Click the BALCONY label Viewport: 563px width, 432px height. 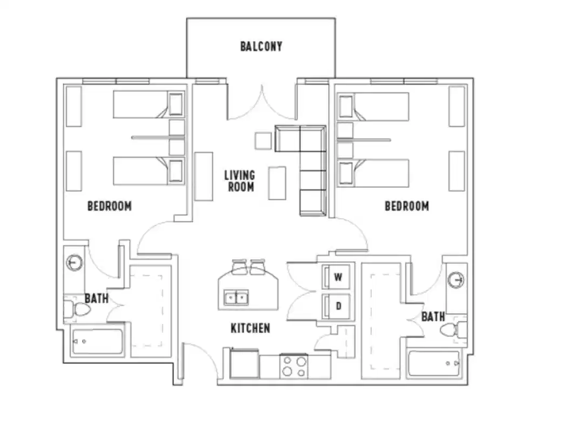pyautogui.click(x=261, y=46)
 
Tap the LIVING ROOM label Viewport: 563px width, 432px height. pyautogui.click(x=240, y=181)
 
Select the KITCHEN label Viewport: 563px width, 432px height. pyautogui.click(x=250, y=328)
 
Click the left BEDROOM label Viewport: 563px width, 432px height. pyautogui.click(x=109, y=206)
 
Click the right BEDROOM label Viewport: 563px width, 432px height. pyautogui.click(x=406, y=206)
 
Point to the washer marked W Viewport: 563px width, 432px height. pyautogui.click(x=337, y=278)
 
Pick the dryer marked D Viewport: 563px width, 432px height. pyautogui.click(x=337, y=306)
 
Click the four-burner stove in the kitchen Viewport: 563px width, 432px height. pyautogui.click(x=294, y=366)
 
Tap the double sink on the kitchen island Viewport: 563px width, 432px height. pyautogui.click(x=236, y=297)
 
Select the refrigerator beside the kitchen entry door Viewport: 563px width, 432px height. pyautogui.click(x=244, y=364)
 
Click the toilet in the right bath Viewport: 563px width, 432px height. pyautogui.click(x=453, y=330)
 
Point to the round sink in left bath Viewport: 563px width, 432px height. pyautogui.click(x=74, y=263)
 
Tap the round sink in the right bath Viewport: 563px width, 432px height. pyautogui.click(x=457, y=280)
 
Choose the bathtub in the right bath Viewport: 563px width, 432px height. pyautogui.click(x=434, y=363)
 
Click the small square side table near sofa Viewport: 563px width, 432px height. pyautogui.click(x=264, y=140)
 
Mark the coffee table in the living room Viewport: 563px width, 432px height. pyautogui.click(x=277, y=183)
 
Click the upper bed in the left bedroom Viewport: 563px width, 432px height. pyautogui.click(x=149, y=105)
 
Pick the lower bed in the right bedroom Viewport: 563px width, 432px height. pyautogui.click(x=373, y=173)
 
